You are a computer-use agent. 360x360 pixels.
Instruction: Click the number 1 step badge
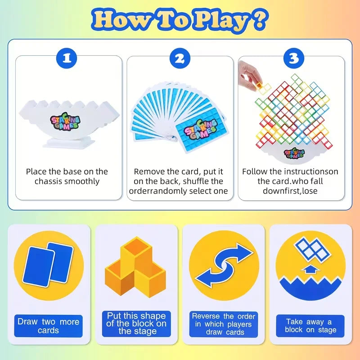67,58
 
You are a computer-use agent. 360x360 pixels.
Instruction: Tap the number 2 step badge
180,58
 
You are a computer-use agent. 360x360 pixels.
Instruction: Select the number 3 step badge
294,58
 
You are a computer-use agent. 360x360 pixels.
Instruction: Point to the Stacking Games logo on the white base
65,121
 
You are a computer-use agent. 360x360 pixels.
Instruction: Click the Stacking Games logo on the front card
201,130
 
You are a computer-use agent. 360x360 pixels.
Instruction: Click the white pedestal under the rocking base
69,142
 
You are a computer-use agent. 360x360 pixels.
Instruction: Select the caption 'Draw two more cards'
48,326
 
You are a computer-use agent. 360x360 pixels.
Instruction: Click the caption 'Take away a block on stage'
310,326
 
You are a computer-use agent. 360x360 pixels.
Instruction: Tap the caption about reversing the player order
224,324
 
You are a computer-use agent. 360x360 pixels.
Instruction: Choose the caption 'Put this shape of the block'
136,324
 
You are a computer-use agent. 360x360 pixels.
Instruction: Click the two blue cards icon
48,265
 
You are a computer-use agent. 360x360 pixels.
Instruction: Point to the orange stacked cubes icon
135,267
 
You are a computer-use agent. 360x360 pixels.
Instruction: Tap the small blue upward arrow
310,270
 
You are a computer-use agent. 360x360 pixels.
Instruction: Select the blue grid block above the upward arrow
312,250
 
